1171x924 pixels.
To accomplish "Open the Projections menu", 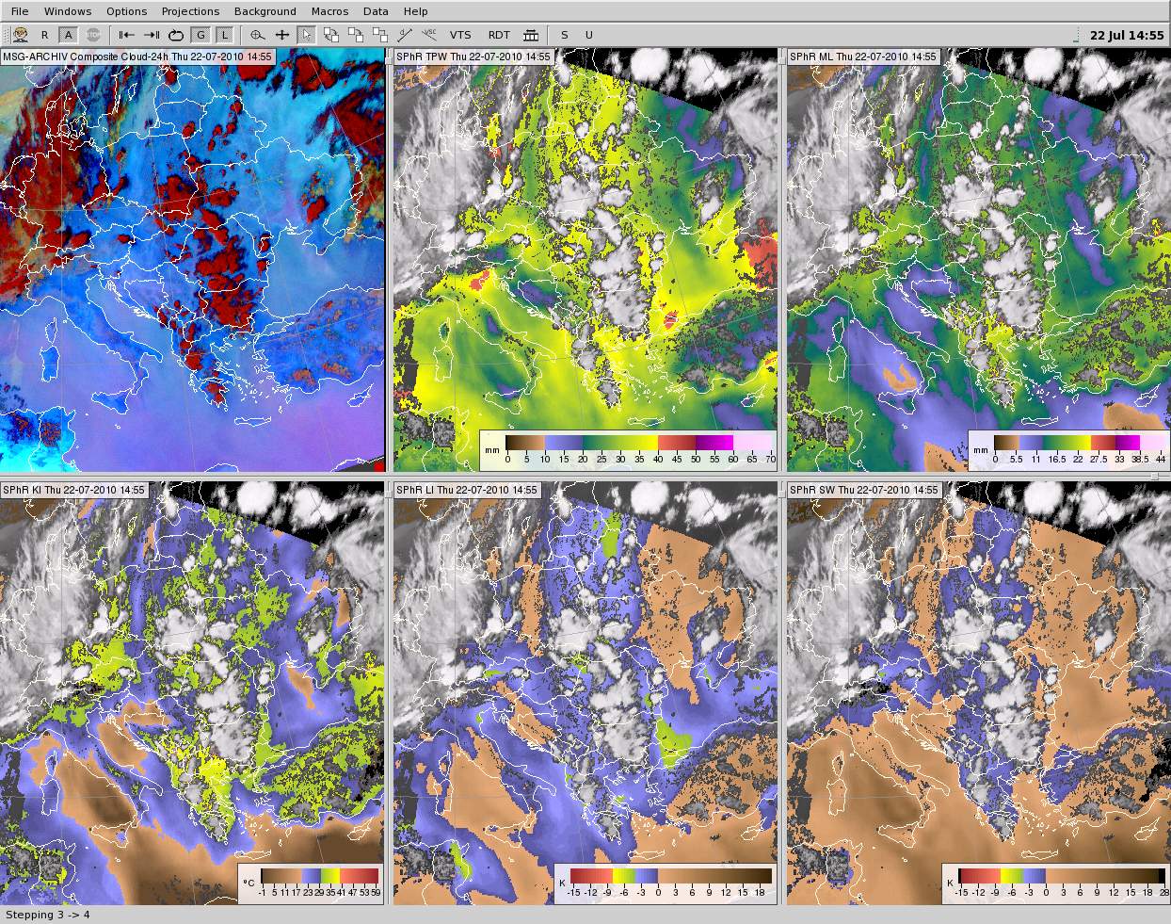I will point(190,11).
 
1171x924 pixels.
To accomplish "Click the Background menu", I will point(265,11).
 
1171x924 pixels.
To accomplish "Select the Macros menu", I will point(329,11).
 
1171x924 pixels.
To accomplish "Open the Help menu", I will point(415,11).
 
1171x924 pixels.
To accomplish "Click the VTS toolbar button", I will point(460,35).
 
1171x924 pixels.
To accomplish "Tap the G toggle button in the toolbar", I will point(201,35).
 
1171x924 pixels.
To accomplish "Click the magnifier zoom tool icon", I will point(257,35).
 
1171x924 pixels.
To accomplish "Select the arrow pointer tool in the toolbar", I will point(306,35).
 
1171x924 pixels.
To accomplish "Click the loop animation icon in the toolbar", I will point(176,35).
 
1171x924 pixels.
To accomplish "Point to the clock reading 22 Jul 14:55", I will point(1126,35).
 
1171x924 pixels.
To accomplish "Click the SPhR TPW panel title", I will point(473,57).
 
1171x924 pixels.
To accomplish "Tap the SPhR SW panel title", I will point(864,490).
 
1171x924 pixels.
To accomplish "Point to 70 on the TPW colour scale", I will point(771,459).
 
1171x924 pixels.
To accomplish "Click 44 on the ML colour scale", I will point(1161,459).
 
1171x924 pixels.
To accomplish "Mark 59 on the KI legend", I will point(375,892).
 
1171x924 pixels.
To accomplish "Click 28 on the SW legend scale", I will point(1163,892).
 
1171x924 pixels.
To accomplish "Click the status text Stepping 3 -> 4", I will point(48,915).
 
